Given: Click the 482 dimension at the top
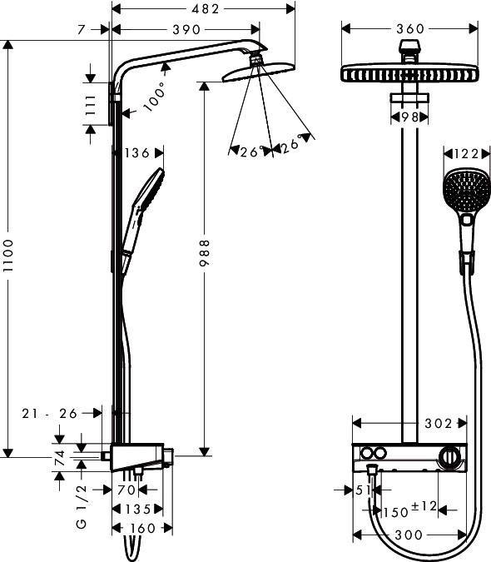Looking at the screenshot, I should [x=203, y=9].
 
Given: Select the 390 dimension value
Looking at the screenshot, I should [x=185, y=29].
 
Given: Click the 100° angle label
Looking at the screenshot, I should [x=153, y=99].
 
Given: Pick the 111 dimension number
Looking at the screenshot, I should [x=92, y=105].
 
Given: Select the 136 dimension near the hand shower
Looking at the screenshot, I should [x=136, y=153].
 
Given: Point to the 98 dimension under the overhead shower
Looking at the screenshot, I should [x=409, y=117].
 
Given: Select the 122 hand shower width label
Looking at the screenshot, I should [x=463, y=153].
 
